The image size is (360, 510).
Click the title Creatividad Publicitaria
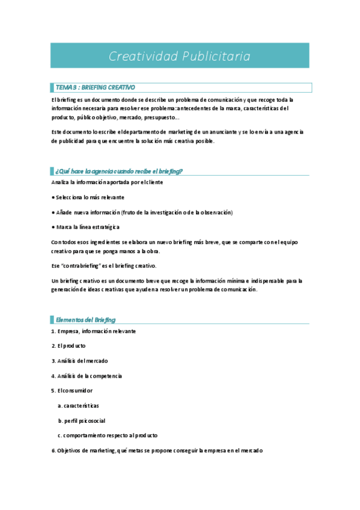pyautogui.click(x=180, y=56)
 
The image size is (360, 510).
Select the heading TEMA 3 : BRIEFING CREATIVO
pyautogui.click(x=95, y=87)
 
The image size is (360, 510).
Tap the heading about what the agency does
pyautogui.click(x=118, y=171)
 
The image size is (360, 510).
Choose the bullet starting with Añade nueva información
pyautogui.click(x=142, y=212)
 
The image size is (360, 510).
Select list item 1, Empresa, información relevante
pyautogui.click(x=93, y=331)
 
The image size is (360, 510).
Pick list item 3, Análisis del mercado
pyautogui.click(x=79, y=361)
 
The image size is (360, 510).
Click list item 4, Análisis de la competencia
pyautogui.click(x=87, y=376)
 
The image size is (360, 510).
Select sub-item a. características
pyautogui.click(x=78, y=405)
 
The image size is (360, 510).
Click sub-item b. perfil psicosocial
pyautogui.click(x=81, y=420)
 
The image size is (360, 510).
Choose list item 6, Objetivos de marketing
pyautogui.click(x=156, y=450)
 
